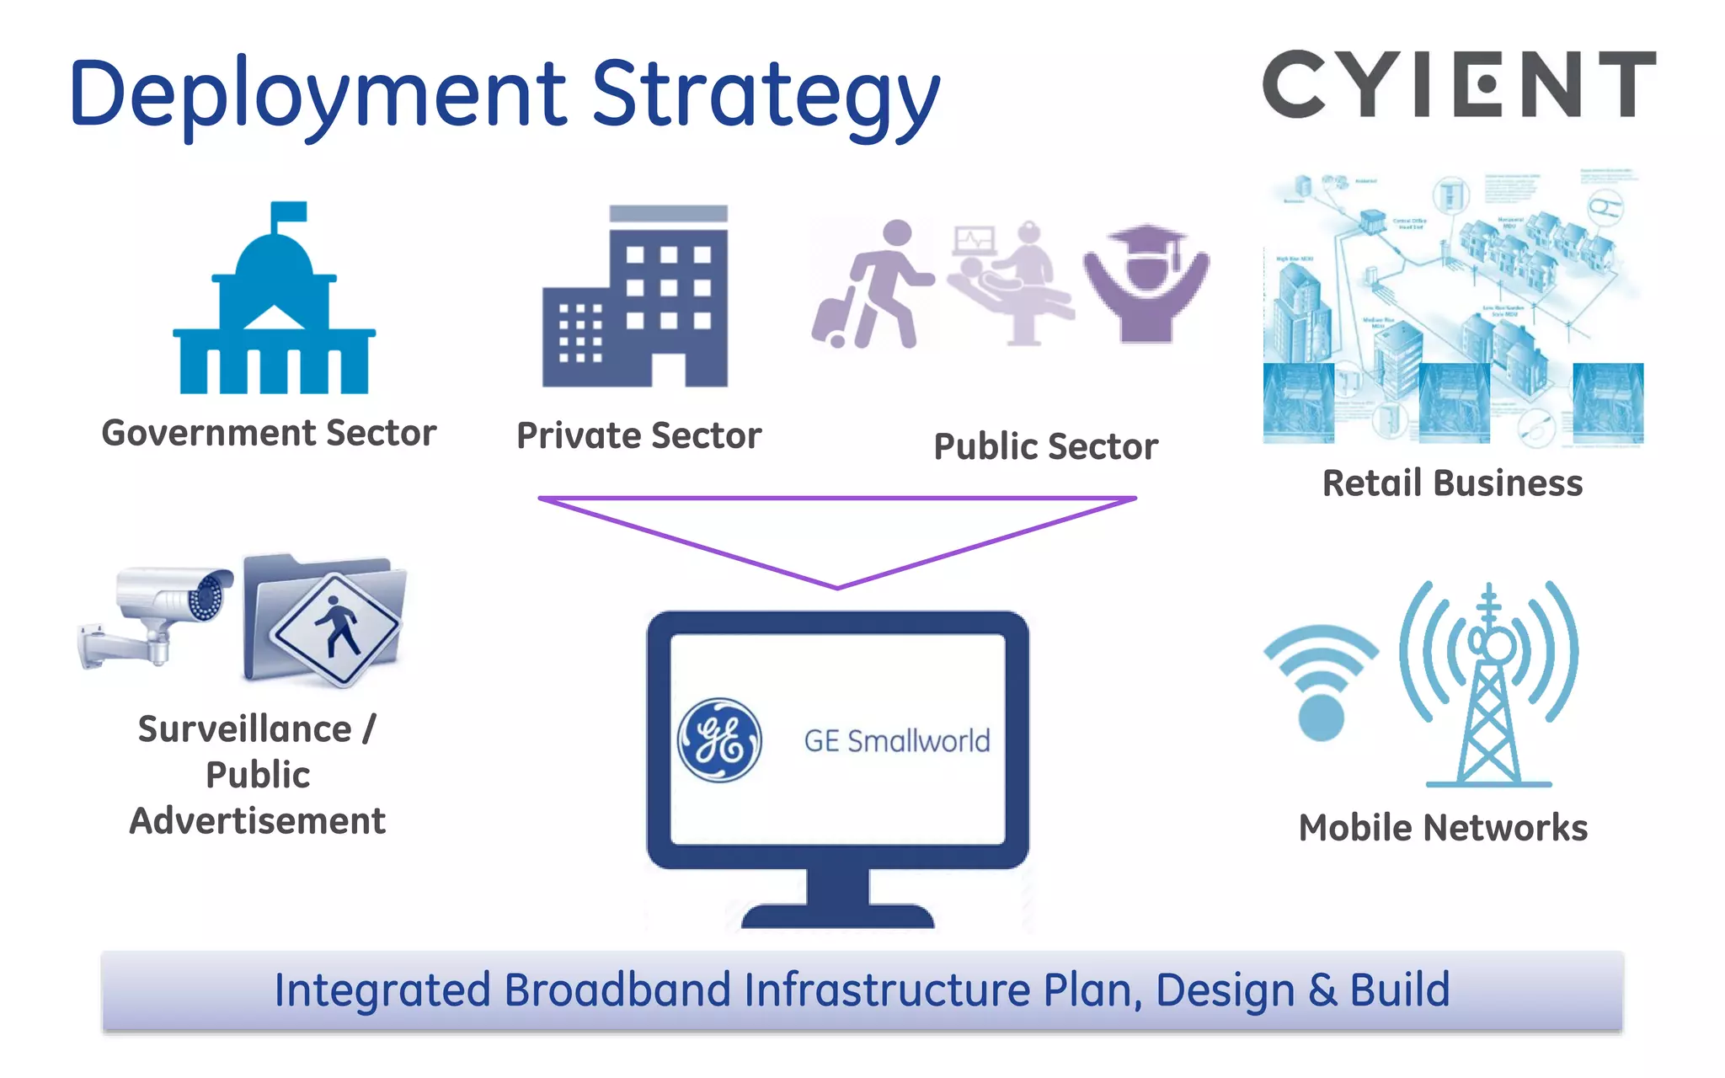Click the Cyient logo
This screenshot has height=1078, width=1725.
coord(1459,84)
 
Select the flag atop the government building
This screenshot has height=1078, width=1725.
coord(288,211)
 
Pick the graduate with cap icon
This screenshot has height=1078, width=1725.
coord(1146,283)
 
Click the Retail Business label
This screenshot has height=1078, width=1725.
coord(1452,483)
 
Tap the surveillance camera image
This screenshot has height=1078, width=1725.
coord(160,615)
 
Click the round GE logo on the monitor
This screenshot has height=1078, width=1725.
coord(720,740)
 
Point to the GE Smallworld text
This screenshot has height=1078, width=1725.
coord(897,741)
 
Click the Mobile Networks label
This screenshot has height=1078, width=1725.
coord(1443,828)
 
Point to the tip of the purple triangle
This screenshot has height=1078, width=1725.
coord(837,586)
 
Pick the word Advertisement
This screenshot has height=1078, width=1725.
coord(258,821)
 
